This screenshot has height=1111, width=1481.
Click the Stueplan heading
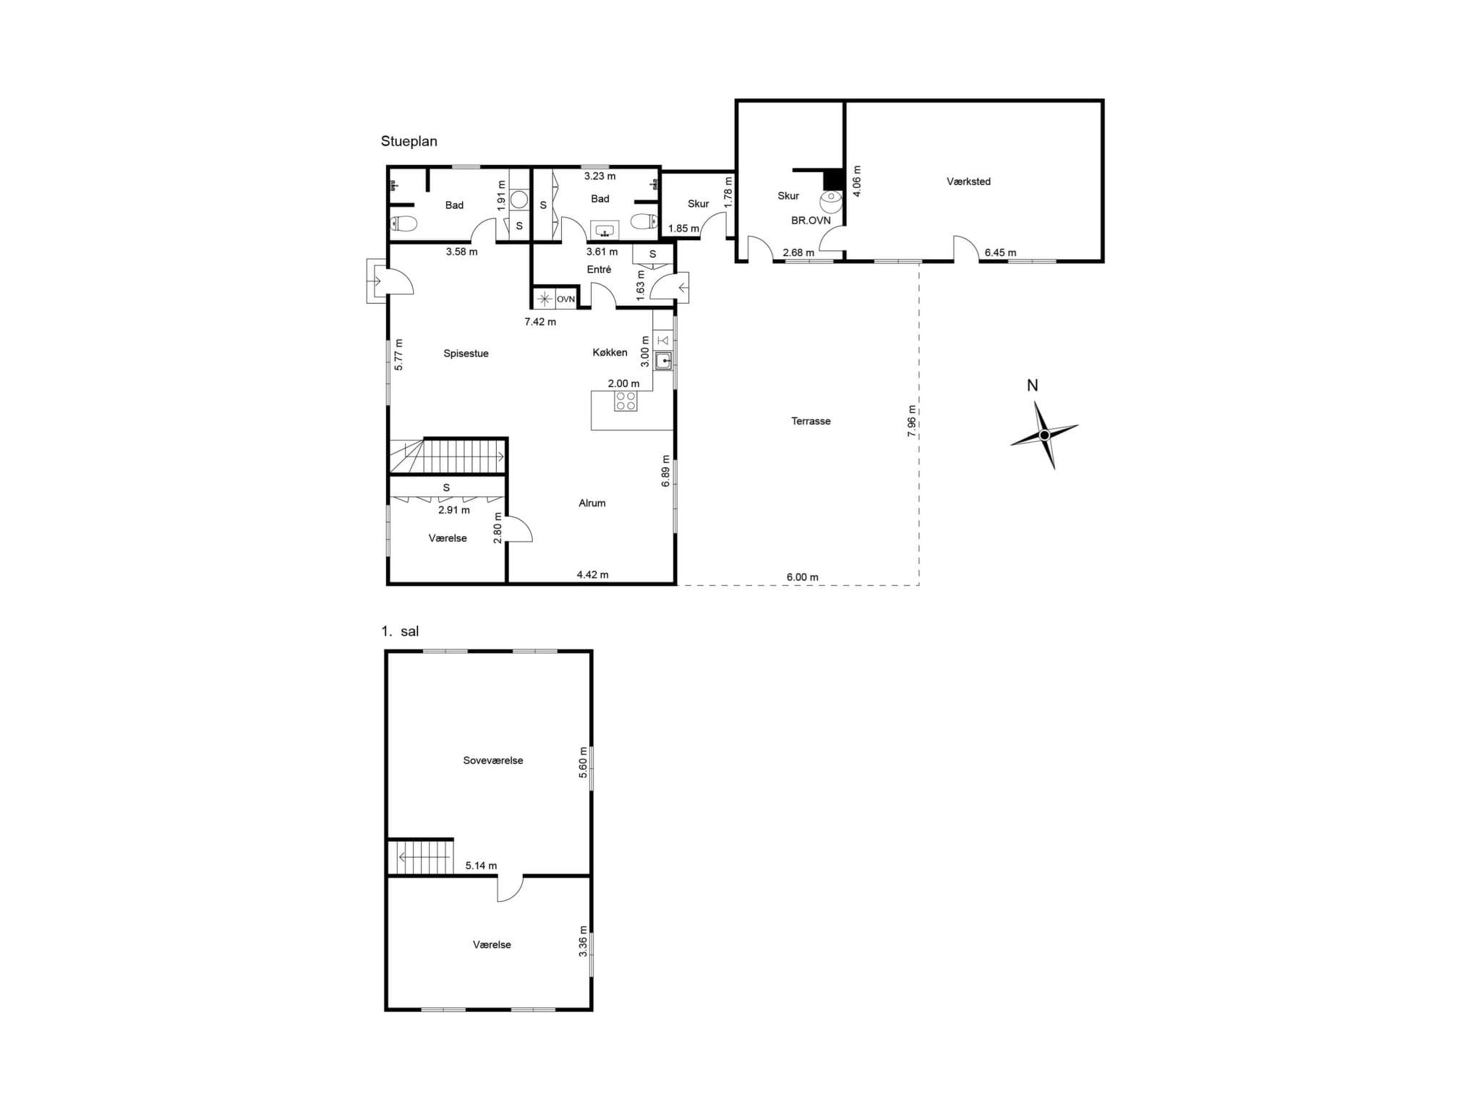409,141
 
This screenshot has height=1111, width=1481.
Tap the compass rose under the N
1043,435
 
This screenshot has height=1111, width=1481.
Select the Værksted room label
968,182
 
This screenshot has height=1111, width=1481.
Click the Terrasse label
811,421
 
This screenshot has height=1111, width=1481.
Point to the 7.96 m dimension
911,421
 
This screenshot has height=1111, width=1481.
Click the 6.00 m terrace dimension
802,577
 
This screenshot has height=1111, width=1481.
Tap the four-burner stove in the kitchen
626,401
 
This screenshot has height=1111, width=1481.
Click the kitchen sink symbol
662,360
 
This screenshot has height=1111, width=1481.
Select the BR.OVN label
811,220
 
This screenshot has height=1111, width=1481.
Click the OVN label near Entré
565,299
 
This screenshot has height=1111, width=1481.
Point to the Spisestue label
466,354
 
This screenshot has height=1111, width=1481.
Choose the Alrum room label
592,503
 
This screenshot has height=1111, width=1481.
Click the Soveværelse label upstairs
492,760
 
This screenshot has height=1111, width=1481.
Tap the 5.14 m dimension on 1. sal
481,865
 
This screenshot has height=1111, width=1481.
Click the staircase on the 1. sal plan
421,857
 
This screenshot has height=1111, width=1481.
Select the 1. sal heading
400,631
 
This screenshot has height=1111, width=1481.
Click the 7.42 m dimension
540,322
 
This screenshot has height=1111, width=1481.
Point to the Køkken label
610,352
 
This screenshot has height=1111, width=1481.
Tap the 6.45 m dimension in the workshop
1000,252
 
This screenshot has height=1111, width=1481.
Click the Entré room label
599,269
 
